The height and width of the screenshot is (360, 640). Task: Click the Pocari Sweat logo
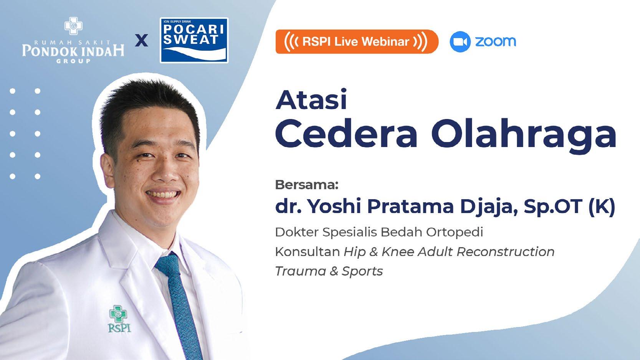coord(194,40)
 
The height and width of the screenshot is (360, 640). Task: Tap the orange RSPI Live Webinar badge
coord(357,42)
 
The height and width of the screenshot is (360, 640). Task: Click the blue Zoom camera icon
coord(460,42)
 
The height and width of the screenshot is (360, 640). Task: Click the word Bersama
coord(307,185)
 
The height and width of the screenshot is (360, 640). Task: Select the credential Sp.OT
coord(553,206)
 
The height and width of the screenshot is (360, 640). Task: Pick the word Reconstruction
coord(505,252)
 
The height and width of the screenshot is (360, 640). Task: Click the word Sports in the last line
coord(362,271)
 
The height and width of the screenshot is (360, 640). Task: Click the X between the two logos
coord(141,40)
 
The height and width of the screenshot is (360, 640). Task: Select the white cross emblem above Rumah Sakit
coord(73,26)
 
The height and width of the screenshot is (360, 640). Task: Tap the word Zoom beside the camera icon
coord(495,42)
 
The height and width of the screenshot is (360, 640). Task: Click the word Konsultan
coord(308,252)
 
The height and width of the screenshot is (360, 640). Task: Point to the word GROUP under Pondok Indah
coord(73,61)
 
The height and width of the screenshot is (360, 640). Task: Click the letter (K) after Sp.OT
coord(602,206)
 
